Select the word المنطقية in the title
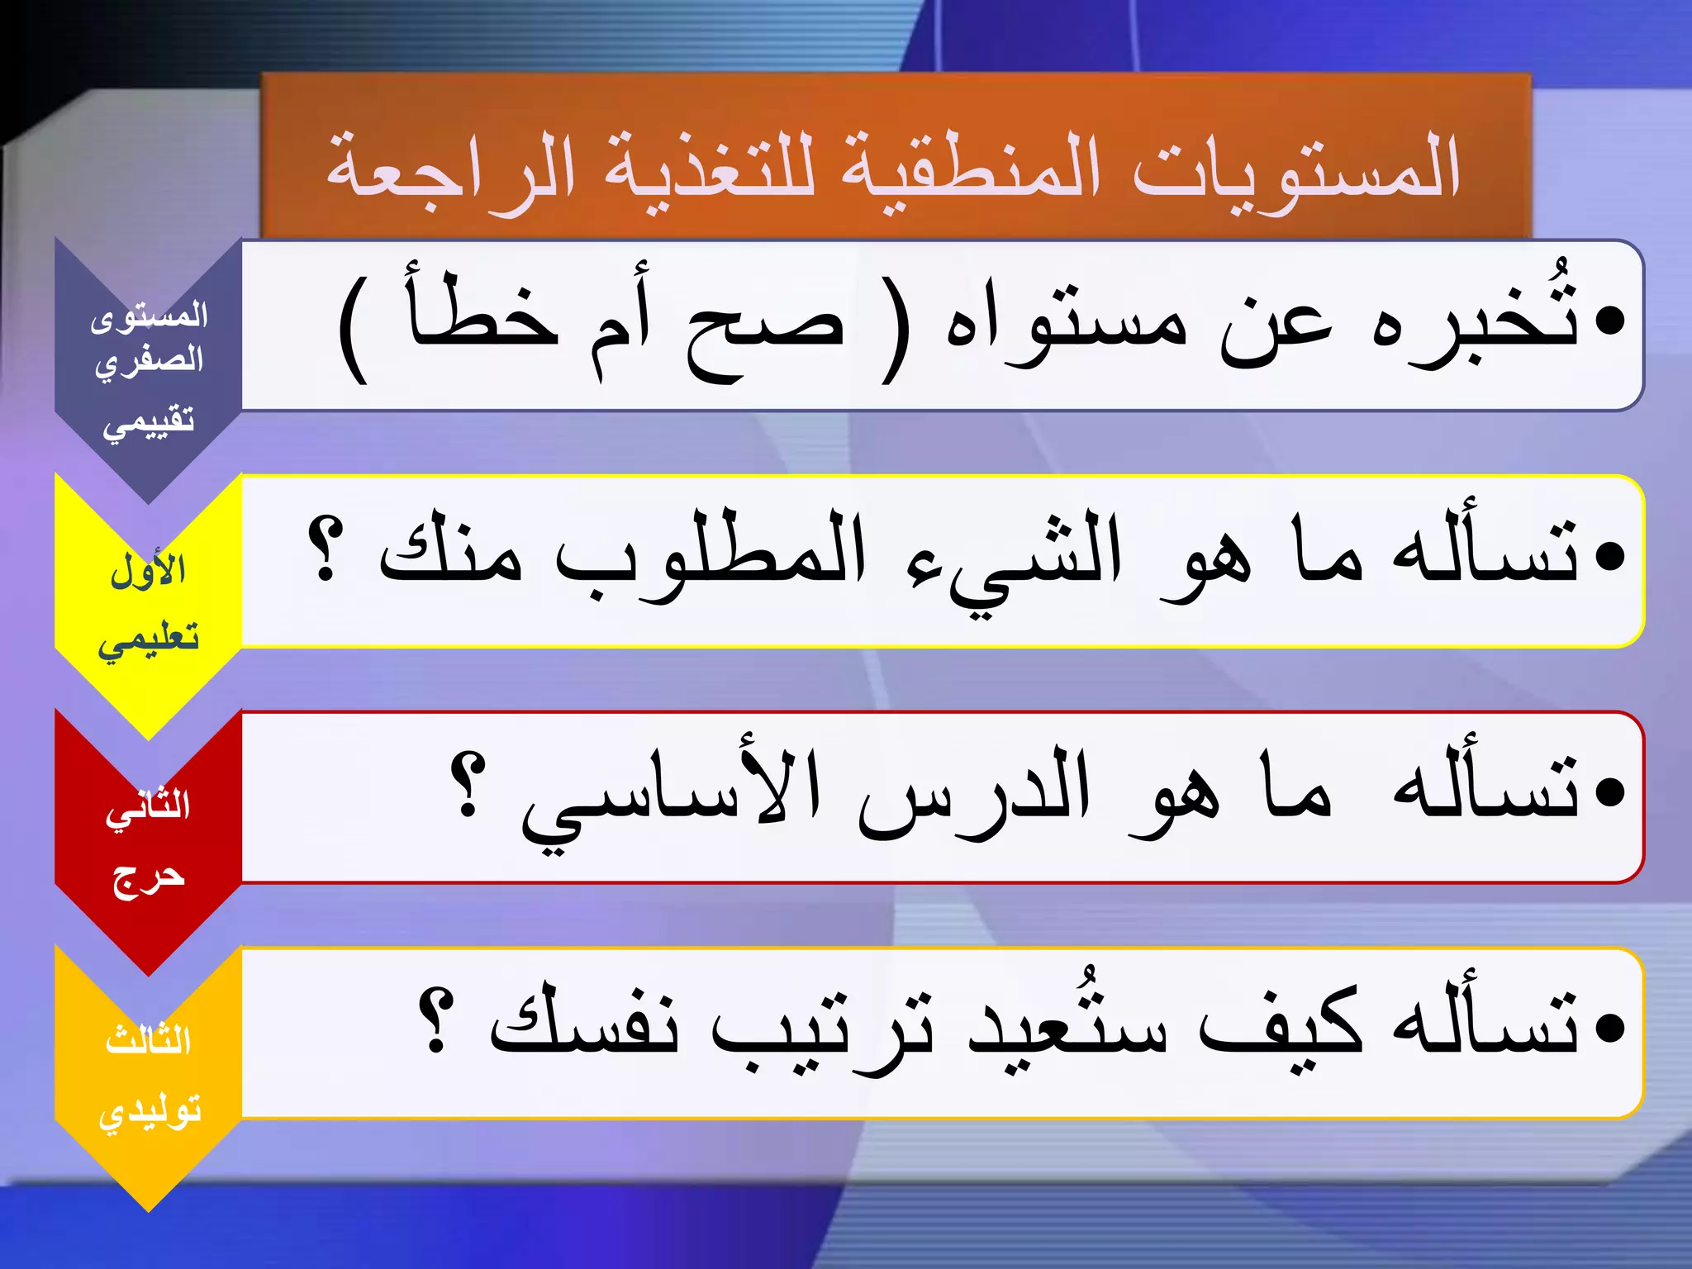(971, 169)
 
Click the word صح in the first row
(764, 330)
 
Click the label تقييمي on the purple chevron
(149, 422)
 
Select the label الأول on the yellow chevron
(149, 570)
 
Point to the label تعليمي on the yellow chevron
(149, 639)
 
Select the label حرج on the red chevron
(149, 877)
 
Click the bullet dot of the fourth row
(1609, 1029)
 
